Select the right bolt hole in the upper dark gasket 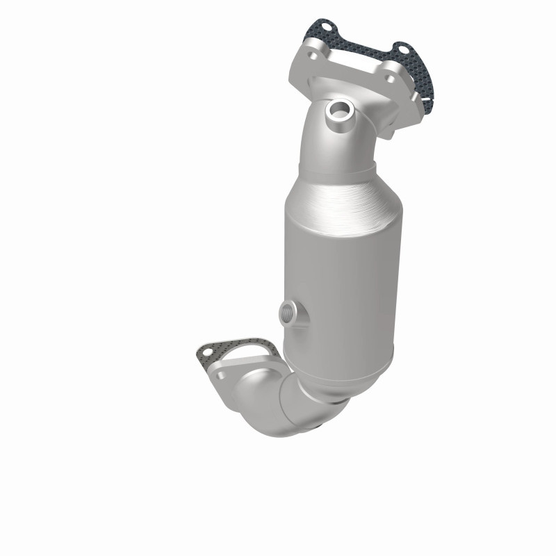[x=400, y=49]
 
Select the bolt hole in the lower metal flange [x=222, y=375]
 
